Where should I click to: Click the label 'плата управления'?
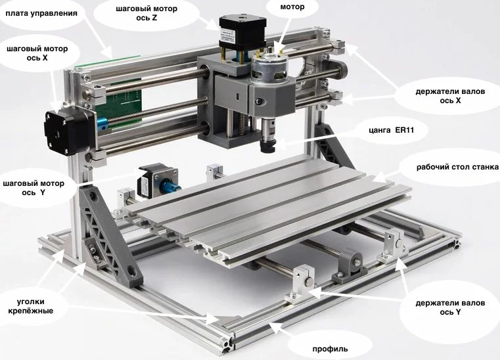tap(41, 13)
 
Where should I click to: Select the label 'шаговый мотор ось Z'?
tap(147, 13)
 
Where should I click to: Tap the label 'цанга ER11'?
tap(392, 130)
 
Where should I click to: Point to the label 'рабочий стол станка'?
tap(457, 167)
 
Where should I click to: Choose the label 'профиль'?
tap(330, 349)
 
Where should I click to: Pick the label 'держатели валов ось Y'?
tap(450, 307)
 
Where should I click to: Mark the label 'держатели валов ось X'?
tap(450, 96)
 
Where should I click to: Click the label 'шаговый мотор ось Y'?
tap(34, 188)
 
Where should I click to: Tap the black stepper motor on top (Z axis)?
tap(242, 33)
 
